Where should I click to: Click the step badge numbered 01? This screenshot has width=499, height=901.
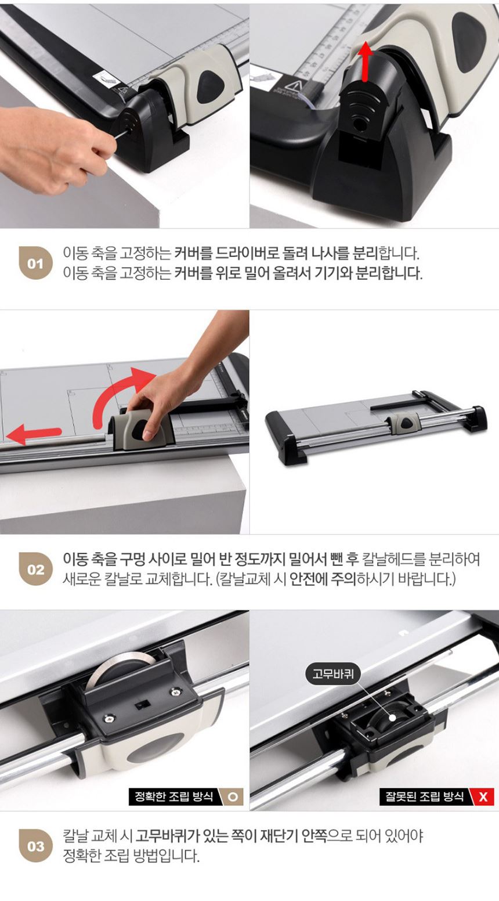pos(35,264)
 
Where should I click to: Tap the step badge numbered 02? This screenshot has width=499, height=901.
pos(35,569)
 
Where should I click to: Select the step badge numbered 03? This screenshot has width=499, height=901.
pos(35,846)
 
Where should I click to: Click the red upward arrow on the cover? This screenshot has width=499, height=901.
pos(366,61)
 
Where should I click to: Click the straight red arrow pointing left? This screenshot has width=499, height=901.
pos(34,434)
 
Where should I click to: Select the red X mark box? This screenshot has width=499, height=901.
pos(483,797)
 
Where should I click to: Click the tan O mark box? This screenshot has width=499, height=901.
pos(233,797)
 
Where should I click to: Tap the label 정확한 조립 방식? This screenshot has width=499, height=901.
pos(173,797)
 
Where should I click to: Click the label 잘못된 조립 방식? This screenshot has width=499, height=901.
pos(425,797)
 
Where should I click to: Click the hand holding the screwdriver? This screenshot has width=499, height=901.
pos(52,149)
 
